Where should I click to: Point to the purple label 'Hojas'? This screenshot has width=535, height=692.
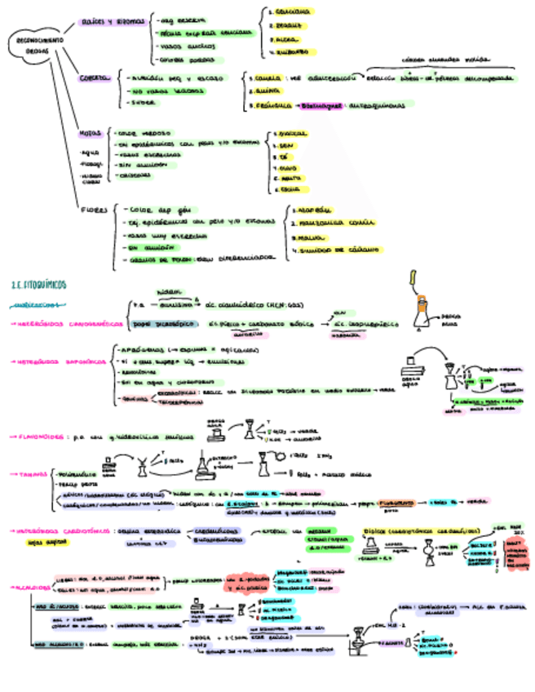90,132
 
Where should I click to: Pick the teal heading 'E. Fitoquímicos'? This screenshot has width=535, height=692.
41,285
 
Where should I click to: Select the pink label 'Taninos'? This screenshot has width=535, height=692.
33,473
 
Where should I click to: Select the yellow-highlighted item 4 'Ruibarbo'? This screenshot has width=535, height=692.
290,51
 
